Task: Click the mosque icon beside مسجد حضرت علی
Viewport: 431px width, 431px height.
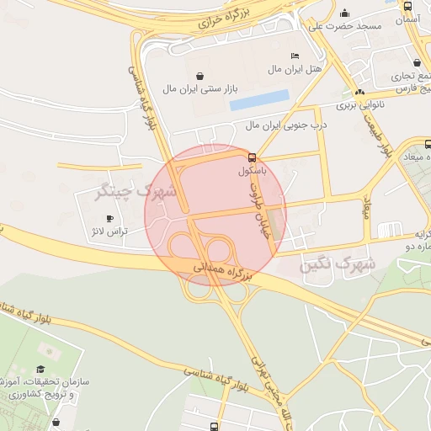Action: pos(344,13)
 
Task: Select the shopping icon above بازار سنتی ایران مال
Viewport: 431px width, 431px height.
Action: pos(199,76)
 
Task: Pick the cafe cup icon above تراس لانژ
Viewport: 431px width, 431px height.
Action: pos(109,218)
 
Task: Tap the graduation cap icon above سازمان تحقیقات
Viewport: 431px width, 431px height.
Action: pos(41,369)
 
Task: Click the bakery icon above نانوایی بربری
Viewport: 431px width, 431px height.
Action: pos(360,92)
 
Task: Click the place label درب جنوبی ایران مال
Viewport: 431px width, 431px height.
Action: pos(290,125)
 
